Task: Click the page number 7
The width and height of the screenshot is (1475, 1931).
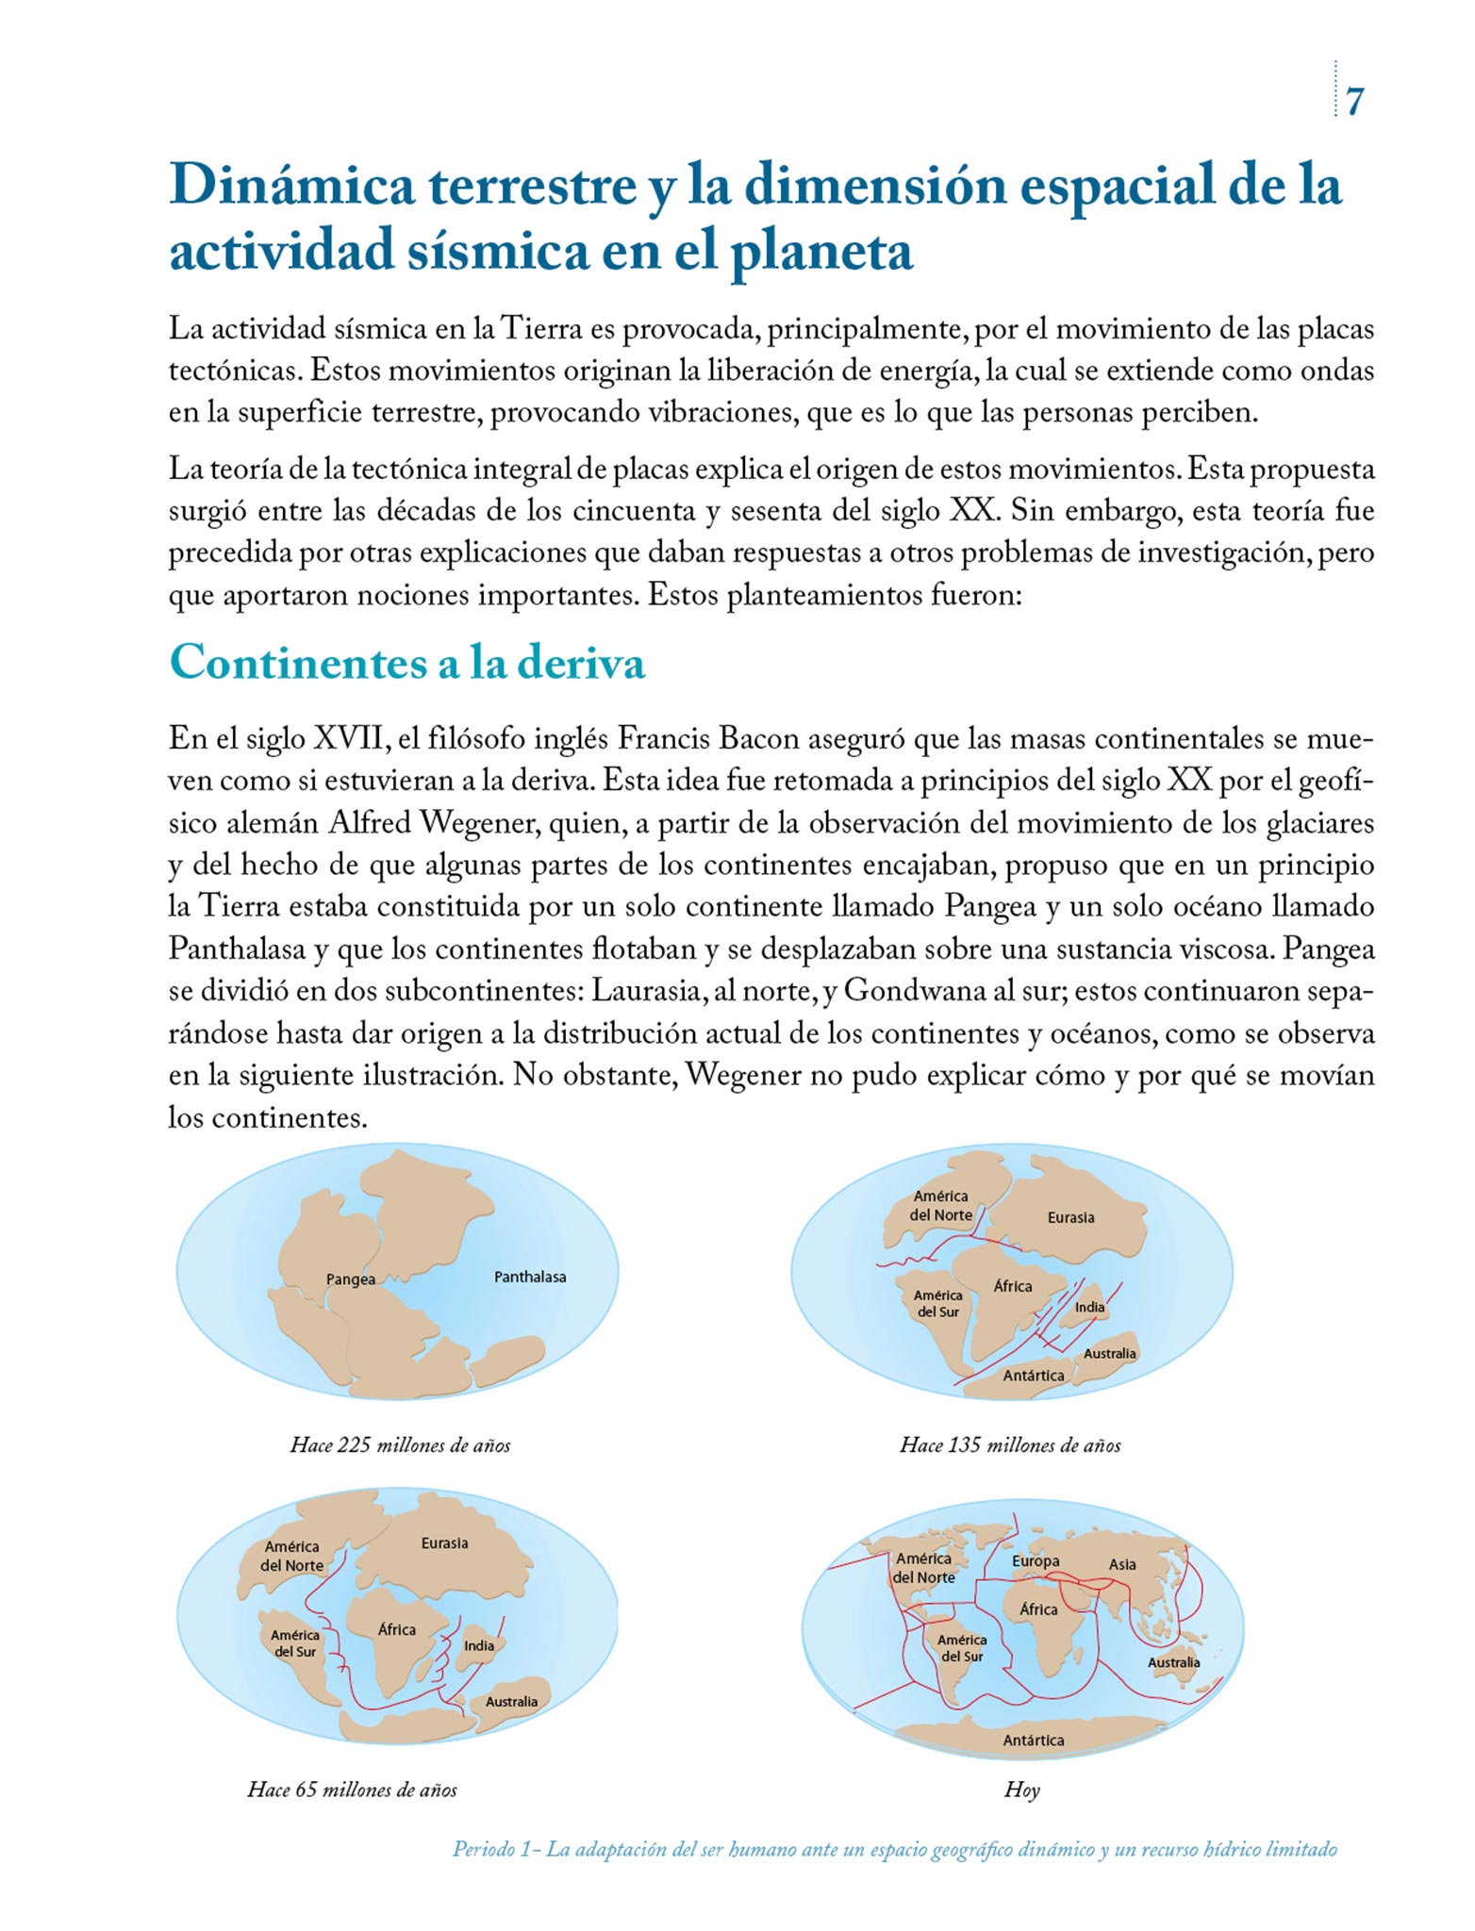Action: point(1354,102)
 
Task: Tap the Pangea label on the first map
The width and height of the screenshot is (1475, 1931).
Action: point(351,1279)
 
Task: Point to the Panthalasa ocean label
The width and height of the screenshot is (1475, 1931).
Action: point(530,1277)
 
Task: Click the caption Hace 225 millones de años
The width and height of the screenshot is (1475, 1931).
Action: point(400,1445)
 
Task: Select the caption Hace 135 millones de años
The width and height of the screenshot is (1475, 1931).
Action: point(1010,1445)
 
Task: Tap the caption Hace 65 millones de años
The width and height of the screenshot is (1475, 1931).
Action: point(352,1790)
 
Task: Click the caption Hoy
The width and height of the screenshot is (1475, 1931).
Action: point(1021,1790)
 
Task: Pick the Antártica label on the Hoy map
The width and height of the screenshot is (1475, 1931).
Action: point(1034,1740)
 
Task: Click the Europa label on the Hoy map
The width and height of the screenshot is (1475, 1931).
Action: point(1036,1560)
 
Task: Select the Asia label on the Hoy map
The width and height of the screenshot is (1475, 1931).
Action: point(1122,1564)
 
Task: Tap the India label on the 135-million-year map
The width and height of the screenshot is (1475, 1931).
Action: point(1089,1307)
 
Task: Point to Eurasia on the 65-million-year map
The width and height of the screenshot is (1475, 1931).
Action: point(445,1543)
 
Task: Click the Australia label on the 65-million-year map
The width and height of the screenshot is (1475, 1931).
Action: point(511,1702)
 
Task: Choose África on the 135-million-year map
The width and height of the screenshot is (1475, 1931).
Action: point(1013,1286)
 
